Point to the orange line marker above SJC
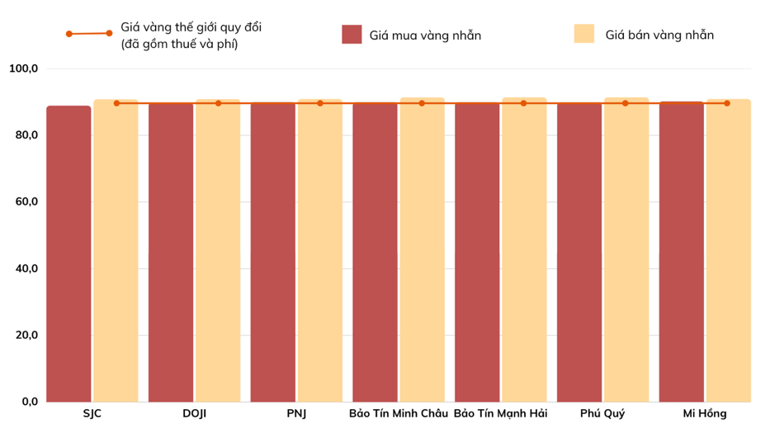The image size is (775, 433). click(x=116, y=103)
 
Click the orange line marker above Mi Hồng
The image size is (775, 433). click(x=727, y=103)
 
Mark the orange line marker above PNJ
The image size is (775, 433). click(x=320, y=103)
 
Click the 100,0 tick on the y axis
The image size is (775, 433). click(x=23, y=68)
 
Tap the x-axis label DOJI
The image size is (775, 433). click(x=194, y=413)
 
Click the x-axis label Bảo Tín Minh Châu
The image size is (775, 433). click(x=399, y=413)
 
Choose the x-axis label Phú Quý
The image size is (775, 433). click(x=603, y=413)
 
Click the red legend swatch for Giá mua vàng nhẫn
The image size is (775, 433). click(x=352, y=35)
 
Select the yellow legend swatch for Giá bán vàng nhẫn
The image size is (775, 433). click(x=584, y=34)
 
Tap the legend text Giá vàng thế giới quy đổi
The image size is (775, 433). click(x=191, y=27)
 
